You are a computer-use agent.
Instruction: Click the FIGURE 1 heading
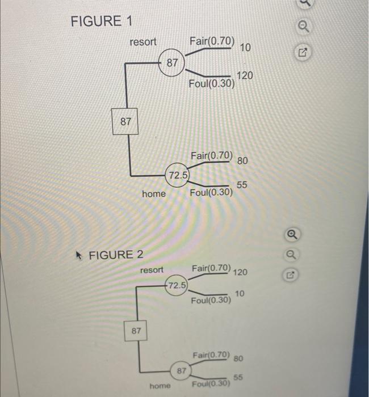[101, 22]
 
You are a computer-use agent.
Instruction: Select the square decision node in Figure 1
[125, 121]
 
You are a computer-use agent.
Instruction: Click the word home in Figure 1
[154, 194]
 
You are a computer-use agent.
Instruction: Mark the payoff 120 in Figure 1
[245, 76]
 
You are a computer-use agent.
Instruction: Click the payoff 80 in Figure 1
[242, 161]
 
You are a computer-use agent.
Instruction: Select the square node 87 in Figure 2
[136, 330]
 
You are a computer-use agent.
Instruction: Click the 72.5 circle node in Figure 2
[175, 284]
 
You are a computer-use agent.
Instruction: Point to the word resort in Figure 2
[152, 269]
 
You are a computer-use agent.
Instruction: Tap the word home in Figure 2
[160, 386]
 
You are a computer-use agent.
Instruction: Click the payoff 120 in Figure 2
[240, 272]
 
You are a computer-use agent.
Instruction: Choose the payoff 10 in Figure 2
[239, 293]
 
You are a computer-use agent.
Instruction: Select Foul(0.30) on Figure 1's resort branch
[212, 86]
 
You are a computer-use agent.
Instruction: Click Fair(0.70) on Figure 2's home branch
[211, 355]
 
